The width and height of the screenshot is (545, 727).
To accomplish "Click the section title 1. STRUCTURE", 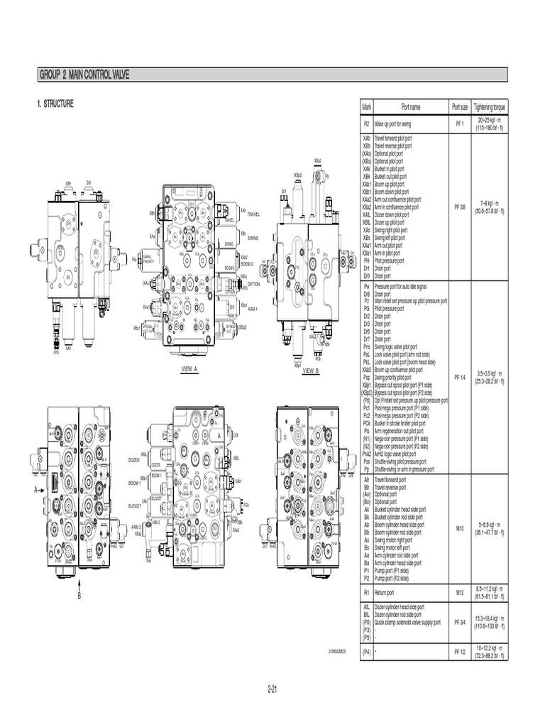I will click(55, 104).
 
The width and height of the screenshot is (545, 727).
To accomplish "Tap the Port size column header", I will click(459, 107).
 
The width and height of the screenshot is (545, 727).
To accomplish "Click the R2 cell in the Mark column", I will click(366, 124).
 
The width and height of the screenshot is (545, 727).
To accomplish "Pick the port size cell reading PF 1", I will click(459, 124).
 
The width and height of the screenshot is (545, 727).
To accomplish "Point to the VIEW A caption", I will click(189, 370).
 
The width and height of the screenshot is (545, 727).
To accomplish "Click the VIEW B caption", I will click(311, 371).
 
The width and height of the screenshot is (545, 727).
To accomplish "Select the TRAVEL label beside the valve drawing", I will click(253, 214).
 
